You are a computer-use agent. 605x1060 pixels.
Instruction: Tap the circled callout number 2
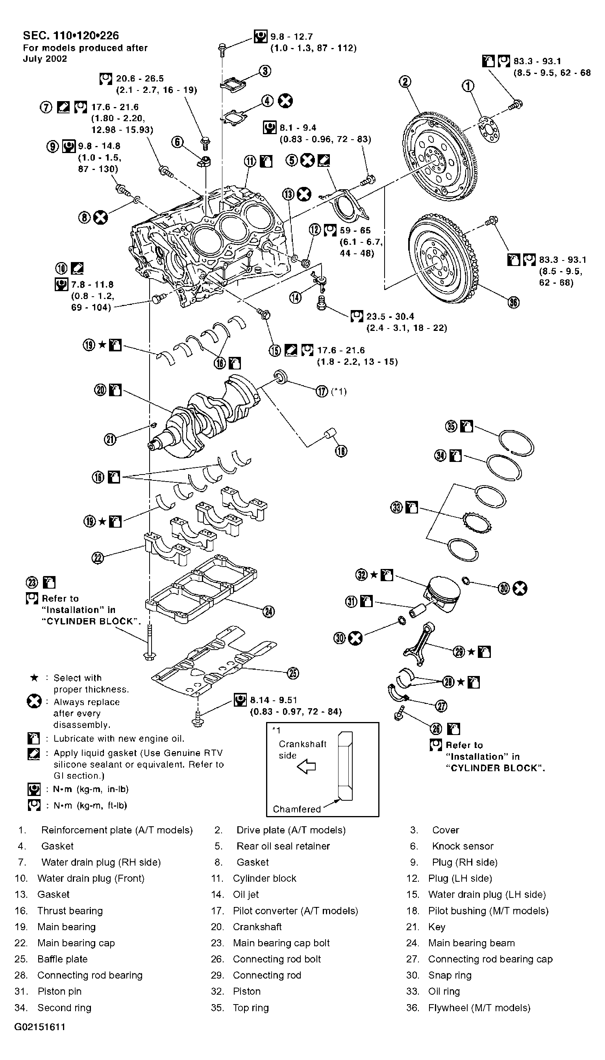click(405, 82)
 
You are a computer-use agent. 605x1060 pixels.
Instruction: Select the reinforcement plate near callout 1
click(488, 130)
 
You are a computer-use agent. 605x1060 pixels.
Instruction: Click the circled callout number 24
click(269, 611)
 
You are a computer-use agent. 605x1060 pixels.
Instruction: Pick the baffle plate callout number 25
click(293, 673)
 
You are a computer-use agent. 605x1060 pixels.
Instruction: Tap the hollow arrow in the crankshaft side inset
click(306, 767)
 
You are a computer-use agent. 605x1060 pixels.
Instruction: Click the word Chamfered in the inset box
click(297, 809)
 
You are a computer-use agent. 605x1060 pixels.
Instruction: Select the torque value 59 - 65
click(355, 230)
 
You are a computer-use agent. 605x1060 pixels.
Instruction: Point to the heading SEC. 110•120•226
click(70, 36)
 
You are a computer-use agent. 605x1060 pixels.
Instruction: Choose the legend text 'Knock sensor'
click(463, 846)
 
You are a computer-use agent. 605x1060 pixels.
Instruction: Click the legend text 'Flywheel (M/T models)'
click(479, 1007)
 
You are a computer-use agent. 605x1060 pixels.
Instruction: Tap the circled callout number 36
click(514, 303)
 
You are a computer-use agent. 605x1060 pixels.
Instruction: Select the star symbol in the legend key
click(35, 678)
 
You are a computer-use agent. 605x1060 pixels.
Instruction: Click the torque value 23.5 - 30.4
click(390, 316)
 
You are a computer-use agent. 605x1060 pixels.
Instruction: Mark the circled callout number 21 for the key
click(110, 440)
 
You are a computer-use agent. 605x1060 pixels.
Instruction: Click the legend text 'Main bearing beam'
click(471, 943)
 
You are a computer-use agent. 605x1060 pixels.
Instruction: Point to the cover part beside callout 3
click(233, 82)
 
